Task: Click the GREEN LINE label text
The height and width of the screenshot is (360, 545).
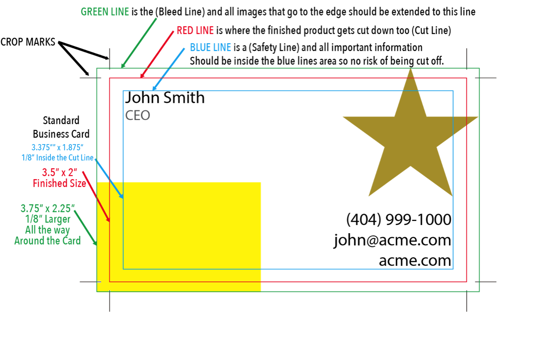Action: pos(105,12)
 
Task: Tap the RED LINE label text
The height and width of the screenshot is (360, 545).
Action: pos(195,30)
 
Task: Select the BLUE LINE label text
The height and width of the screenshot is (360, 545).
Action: pos(210,47)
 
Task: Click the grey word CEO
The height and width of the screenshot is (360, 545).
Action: pos(137,115)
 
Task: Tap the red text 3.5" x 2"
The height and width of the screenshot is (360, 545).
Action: pos(60,173)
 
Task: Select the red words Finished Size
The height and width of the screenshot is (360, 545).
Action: pos(59,184)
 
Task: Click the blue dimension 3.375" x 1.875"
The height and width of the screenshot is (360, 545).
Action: pos(57,147)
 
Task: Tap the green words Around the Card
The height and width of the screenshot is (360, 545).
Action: pos(47,241)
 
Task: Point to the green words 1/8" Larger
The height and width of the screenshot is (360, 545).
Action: pos(47,219)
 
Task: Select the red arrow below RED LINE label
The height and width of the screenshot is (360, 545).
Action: pos(157,54)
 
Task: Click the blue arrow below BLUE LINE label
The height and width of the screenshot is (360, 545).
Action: pos(168,68)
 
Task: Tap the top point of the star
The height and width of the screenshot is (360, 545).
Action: pos(411,70)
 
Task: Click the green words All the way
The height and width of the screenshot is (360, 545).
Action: pos(47,230)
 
